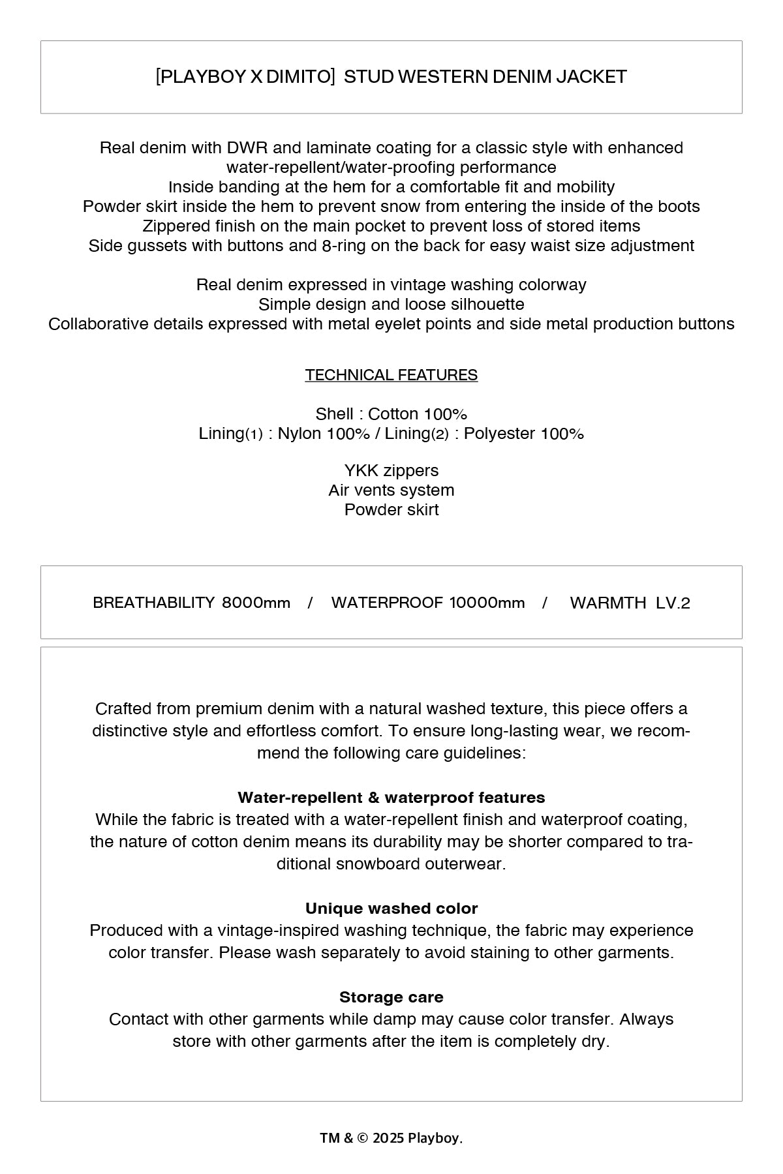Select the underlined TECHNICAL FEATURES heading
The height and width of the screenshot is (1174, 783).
point(391,375)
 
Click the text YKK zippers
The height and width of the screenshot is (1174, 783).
point(391,470)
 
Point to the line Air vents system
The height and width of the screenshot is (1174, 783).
point(391,490)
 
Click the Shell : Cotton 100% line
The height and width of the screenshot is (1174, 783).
point(391,414)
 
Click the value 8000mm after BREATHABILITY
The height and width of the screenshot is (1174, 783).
point(256,603)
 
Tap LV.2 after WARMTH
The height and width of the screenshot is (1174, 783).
point(673,603)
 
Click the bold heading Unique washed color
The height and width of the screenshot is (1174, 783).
point(391,909)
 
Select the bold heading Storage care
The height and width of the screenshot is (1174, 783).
point(391,997)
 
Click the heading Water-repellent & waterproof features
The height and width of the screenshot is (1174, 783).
point(391,798)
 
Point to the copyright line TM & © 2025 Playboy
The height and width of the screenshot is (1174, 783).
point(391,1138)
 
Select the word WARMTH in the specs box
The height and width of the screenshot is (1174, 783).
point(607,603)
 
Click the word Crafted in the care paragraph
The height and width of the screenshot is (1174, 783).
point(123,709)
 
